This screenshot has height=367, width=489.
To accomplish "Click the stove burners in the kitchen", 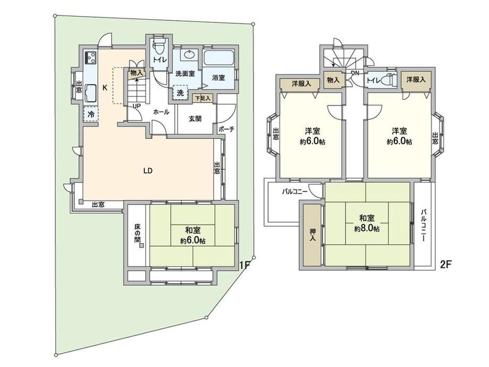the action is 91,57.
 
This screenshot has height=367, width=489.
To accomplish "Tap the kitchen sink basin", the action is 91,93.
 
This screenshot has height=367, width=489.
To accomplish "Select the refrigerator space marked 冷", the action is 91,114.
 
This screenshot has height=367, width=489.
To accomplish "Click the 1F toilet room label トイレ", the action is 159,60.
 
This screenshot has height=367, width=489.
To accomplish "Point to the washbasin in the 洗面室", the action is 189,55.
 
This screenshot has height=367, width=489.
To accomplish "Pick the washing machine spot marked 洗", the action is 180,93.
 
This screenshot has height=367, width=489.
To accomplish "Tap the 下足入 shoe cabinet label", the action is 203,98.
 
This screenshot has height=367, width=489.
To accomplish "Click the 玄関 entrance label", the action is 195,119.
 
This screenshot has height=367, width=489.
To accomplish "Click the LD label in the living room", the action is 148,171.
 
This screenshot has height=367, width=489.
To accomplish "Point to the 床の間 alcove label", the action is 137,233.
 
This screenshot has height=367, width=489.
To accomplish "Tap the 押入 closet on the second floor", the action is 312,235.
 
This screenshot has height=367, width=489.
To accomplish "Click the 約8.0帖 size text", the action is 367,229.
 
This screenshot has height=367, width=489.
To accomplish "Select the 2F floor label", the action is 446,265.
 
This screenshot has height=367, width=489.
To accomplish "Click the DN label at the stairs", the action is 355,73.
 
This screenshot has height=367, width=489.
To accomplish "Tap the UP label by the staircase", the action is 137,106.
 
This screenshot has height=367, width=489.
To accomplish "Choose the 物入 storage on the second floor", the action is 333,80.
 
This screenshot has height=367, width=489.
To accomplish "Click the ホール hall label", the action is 161,112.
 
